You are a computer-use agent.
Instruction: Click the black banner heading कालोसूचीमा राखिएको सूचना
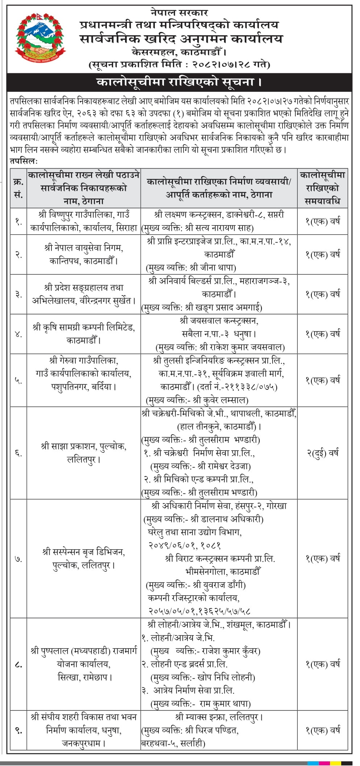(x=179, y=82)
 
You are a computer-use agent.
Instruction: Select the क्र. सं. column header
(x=18, y=188)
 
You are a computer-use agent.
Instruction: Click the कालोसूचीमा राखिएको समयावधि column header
(x=322, y=188)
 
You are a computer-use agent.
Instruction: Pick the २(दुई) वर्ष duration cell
(x=322, y=453)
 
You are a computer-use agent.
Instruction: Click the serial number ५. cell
(x=18, y=380)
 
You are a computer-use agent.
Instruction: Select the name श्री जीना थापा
(x=212, y=268)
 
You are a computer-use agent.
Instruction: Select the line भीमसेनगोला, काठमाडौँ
(x=223, y=572)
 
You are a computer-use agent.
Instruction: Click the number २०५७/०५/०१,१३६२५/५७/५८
(x=199, y=611)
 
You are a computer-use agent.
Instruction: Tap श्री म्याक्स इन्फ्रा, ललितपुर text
(x=219, y=717)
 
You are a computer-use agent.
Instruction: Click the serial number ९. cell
(x=18, y=730)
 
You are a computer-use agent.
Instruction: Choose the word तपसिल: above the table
(x=24, y=161)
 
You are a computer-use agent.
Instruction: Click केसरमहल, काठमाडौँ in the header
(x=179, y=51)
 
